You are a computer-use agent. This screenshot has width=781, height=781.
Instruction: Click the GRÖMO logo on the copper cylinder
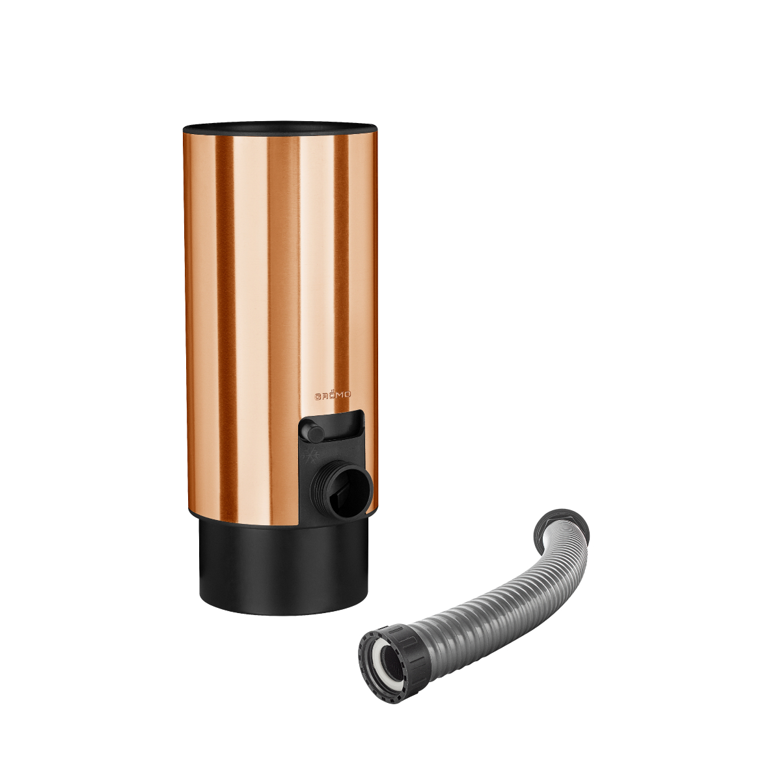[x=333, y=394]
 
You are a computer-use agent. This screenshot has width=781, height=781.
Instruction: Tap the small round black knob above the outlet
[x=312, y=431]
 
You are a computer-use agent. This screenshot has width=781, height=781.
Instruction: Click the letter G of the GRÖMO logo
[x=318, y=395]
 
